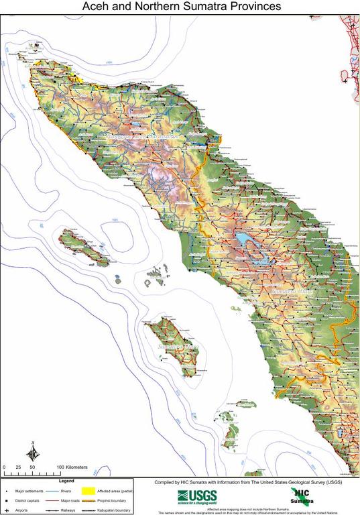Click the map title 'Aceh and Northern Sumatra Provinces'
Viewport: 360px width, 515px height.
[180, 7]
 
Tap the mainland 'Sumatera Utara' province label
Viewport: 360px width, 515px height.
[292, 292]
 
